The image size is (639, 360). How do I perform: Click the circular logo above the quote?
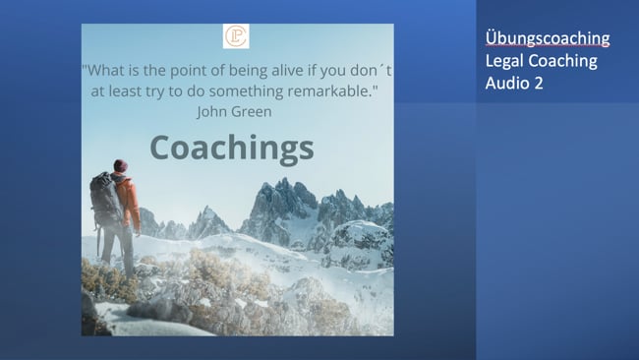236,37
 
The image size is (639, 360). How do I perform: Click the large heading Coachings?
232,148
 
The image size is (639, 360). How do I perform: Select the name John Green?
234,111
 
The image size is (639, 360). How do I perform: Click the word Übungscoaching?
548,38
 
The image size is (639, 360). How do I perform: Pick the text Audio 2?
514,84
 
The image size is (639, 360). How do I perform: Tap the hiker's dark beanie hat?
120,165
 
